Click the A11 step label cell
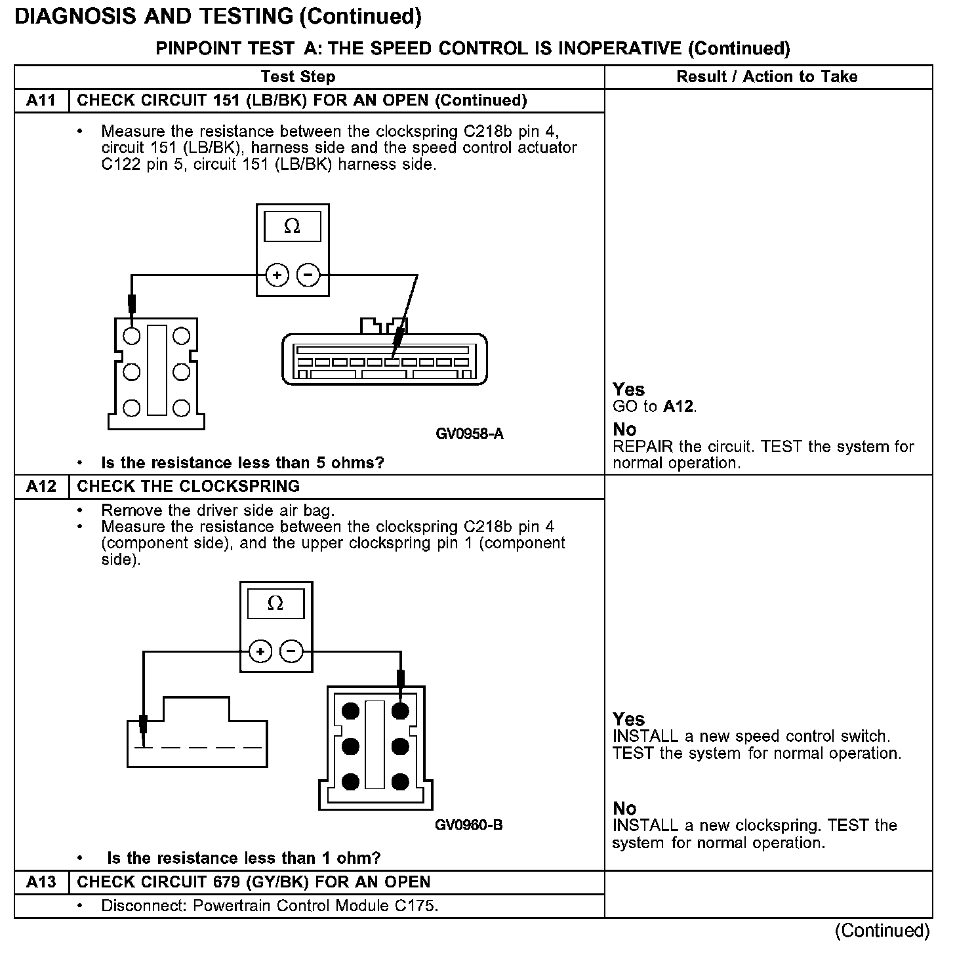[41, 100]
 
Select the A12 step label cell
[41, 487]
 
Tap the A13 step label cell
[41, 882]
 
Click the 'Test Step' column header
[298, 77]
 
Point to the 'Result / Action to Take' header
[767, 77]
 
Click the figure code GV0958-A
[470, 434]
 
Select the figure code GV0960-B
[469, 825]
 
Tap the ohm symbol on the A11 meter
[292, 227]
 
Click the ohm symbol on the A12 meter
[275, 603]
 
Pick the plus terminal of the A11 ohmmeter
[277, 275]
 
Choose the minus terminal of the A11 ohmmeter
[308, 275]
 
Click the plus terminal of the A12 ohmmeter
[260, 652]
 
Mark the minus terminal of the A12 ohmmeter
[292, 652]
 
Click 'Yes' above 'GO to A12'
[628, 390]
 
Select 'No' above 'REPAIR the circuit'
[624, 430]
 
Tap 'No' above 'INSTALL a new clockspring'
[624, 808]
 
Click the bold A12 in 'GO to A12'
[678, 407]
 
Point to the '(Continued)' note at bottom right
[882, 931]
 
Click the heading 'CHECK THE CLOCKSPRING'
[188, 487]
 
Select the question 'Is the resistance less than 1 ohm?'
[243, 858]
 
